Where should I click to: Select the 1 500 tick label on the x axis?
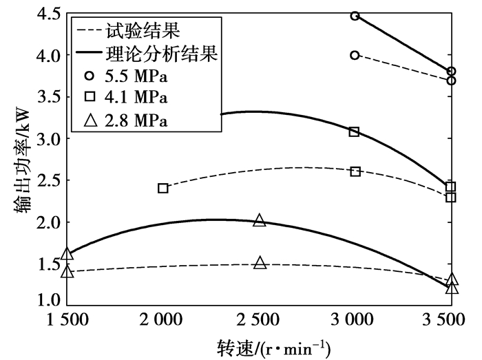[67, 321]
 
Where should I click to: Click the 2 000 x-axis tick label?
[163, 321]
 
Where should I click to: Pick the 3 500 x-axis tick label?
[450, 321]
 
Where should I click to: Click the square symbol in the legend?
[90, 98]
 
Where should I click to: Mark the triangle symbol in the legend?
[90, 120]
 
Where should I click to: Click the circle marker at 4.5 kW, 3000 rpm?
[355, 15]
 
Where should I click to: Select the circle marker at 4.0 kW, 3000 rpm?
[355, 55]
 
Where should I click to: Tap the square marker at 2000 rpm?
[163, 188]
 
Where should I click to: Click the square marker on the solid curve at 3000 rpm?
[355, 131]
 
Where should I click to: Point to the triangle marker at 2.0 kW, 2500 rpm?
[260, 220]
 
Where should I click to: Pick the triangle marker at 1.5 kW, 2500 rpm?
[260, 263]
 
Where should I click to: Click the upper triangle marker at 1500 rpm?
[67, 255]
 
